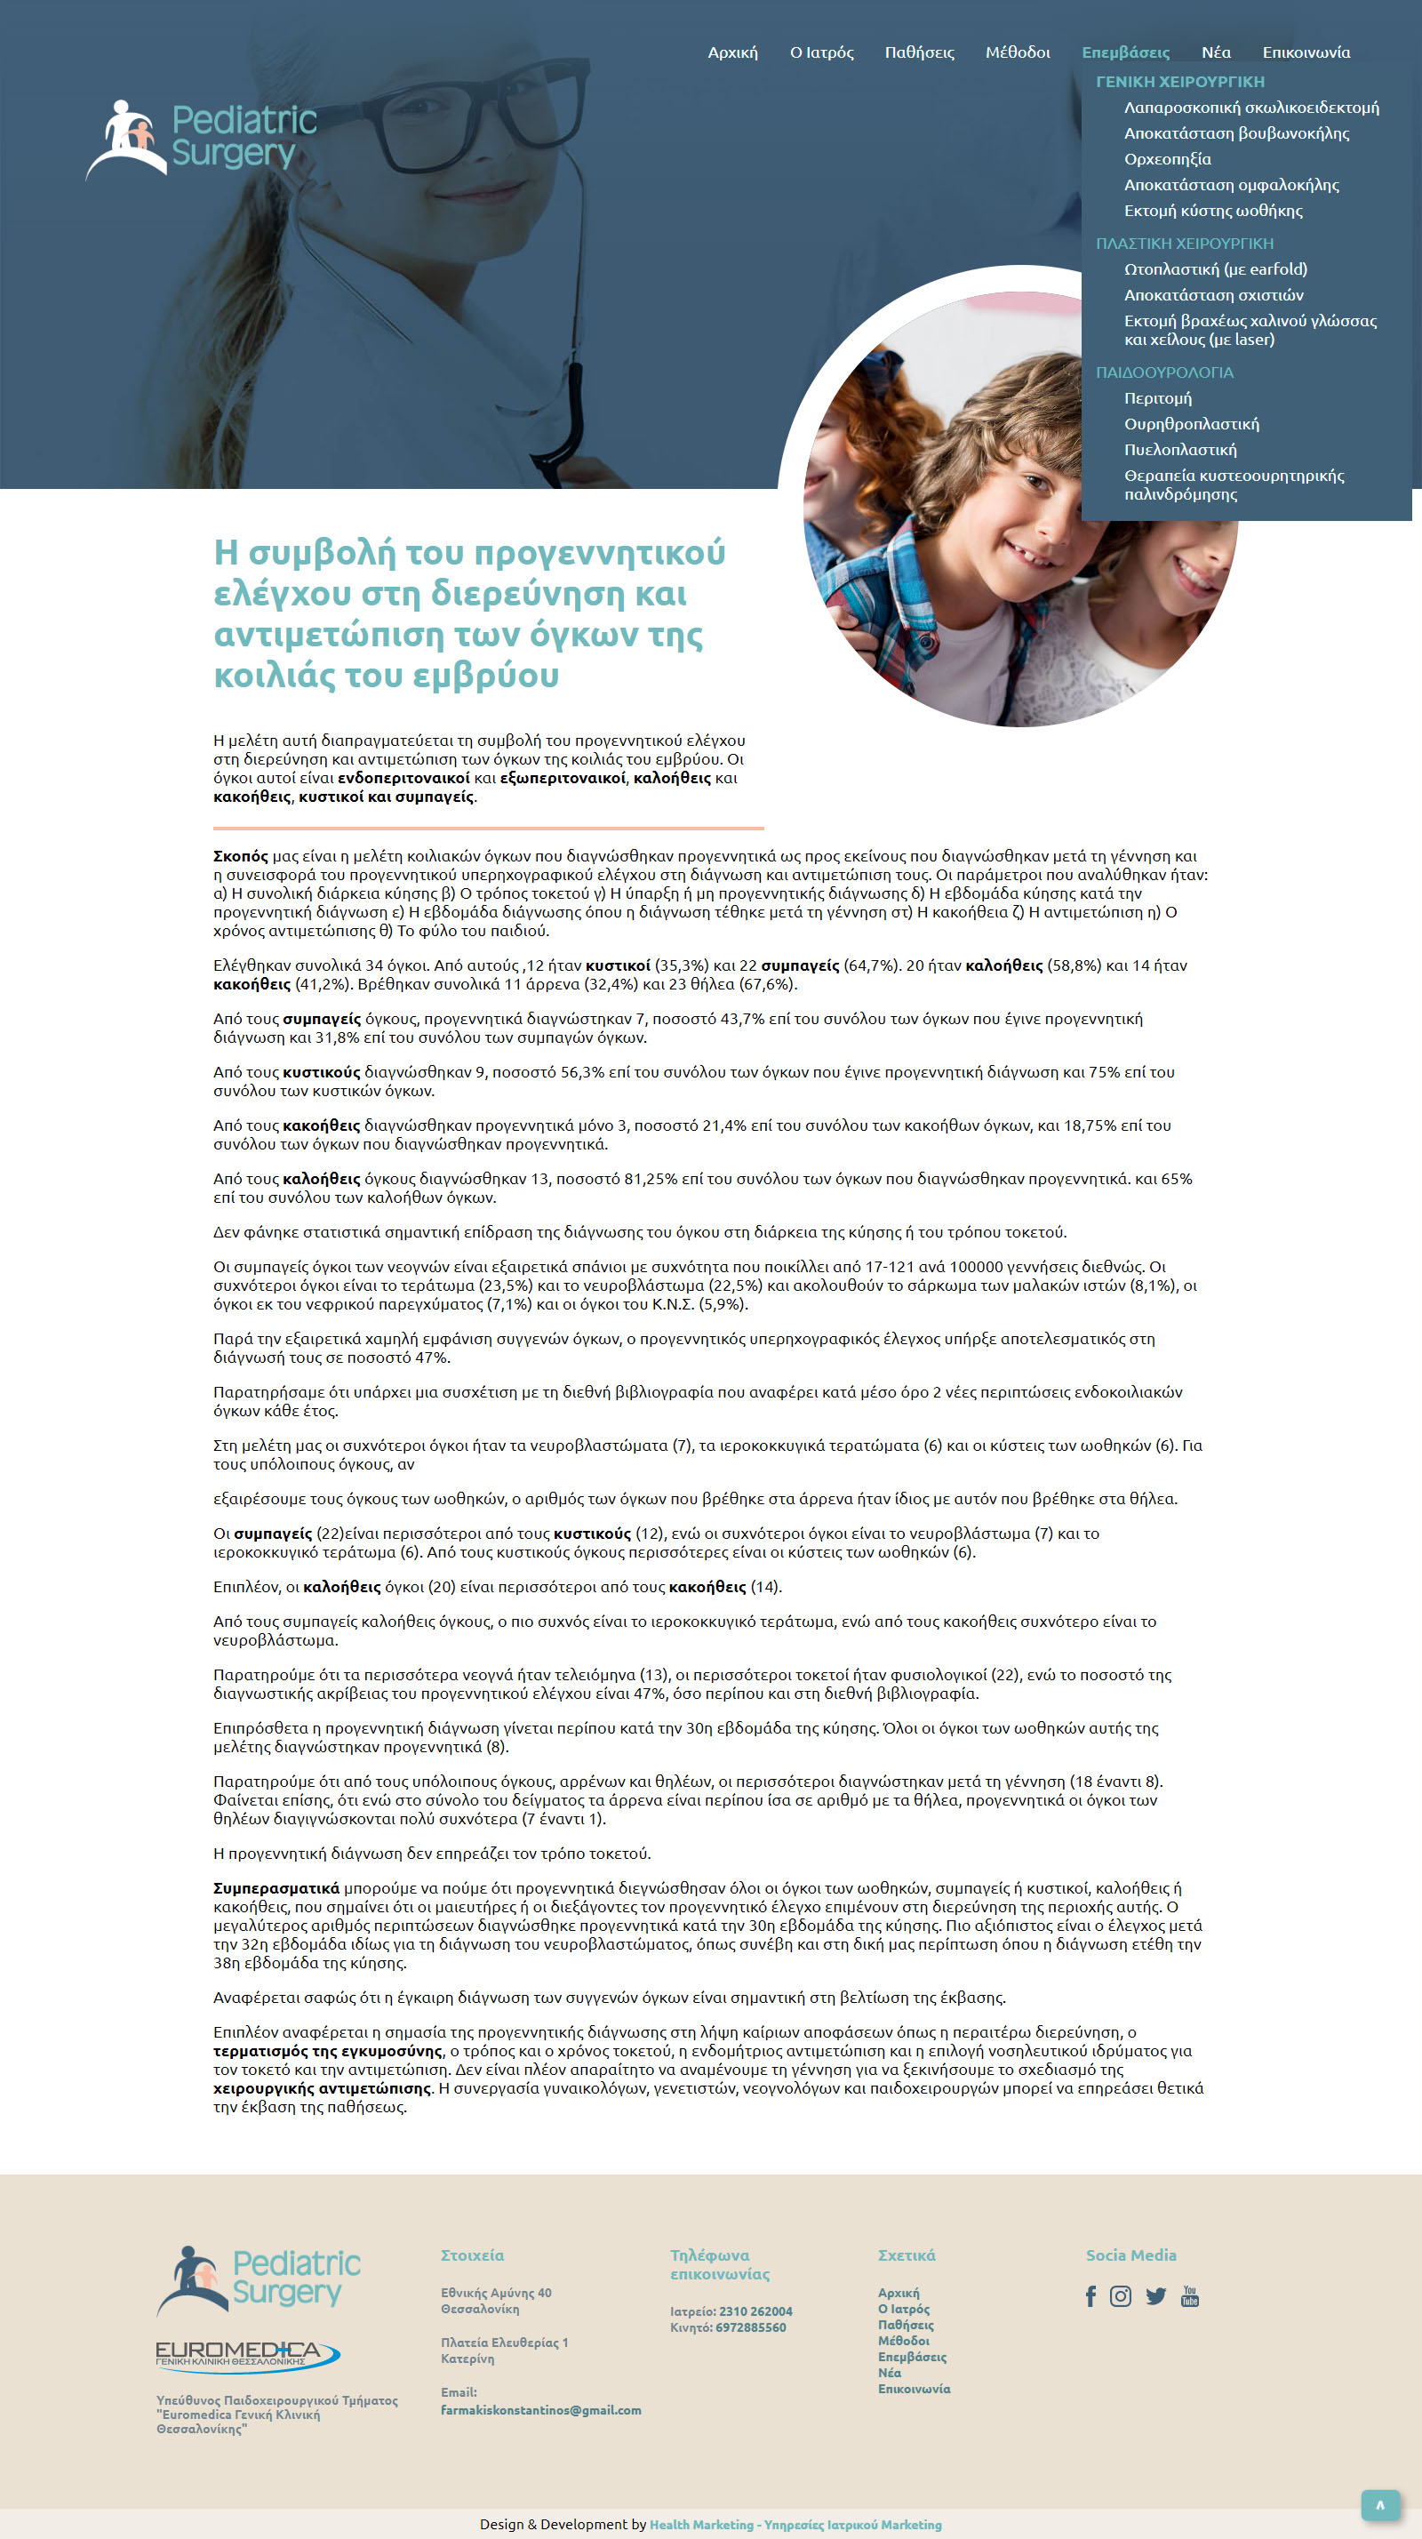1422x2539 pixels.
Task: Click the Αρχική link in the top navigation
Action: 732,52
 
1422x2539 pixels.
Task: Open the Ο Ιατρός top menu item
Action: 821,52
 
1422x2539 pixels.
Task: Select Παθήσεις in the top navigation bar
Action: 918,52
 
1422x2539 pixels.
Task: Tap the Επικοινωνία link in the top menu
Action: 1306,52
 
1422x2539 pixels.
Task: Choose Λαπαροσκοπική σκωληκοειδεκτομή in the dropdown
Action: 1250,108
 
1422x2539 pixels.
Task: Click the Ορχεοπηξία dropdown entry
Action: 1167,158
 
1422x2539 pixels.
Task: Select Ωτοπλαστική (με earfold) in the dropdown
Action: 1215,269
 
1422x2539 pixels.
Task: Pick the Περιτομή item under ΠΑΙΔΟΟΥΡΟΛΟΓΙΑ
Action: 1157,398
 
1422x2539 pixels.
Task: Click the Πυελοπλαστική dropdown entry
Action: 1179,450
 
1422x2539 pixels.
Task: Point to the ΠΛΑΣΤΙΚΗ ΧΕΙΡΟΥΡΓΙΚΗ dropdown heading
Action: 1184,244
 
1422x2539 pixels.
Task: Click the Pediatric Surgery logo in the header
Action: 202,138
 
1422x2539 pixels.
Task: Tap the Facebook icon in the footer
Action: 1090,2296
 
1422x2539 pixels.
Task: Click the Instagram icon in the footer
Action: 1121,2296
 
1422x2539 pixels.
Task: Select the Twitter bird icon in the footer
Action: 1156,2296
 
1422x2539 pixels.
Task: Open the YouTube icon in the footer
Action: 1189,2296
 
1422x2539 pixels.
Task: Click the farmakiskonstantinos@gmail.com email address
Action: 540,2410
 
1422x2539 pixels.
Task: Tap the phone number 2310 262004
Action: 755,2311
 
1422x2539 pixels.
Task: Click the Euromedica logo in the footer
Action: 247,2355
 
